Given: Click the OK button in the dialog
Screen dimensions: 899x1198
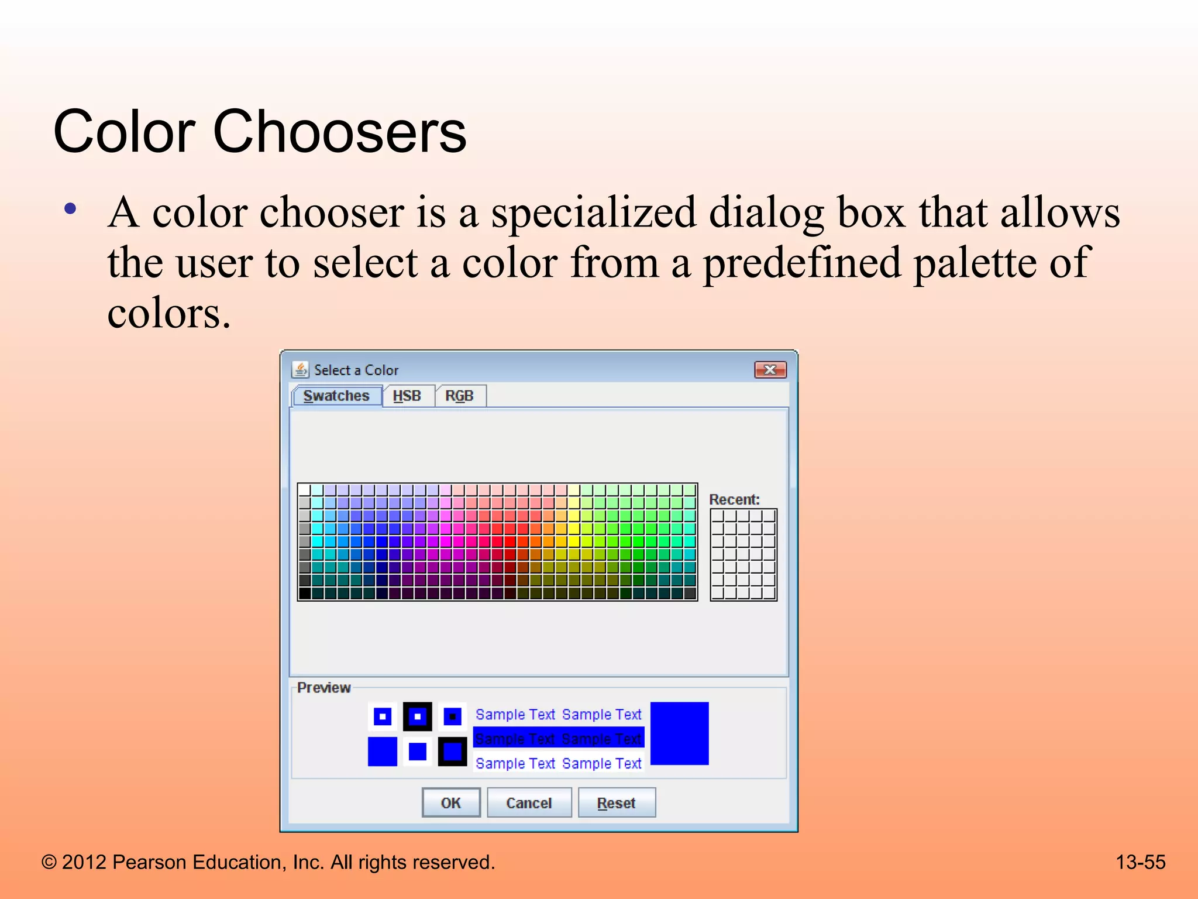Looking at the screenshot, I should pyautogui.click(x=450, y=802).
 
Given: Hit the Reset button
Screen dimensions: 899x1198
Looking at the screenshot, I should pyautogui.click(x=616, y=802).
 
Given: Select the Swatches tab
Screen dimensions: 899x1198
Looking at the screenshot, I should pyautogui.click(x=336, y=396).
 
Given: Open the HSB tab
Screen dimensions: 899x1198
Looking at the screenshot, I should pyautogui.click(x=407, y=396).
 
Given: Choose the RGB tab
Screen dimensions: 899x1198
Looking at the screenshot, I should pyautogui.click(x=459, y=396).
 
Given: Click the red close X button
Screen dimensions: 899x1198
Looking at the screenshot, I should pyautogui.click(x=770, y=370).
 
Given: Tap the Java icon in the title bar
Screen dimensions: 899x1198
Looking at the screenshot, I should pyautogui.click(x=301, y=370).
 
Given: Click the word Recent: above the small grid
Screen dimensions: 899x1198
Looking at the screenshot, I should pyautogui.click(x=734, y=499).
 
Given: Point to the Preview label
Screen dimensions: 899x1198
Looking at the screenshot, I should pyautogui.click(x=323, y=687).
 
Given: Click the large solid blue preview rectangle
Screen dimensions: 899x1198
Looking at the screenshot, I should pyautogui.click(x=679, y=733).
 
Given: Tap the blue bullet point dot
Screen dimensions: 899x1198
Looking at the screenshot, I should pyautogui.click(x=71, y=209).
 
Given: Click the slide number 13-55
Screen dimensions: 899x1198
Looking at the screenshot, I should pyautogui.click(x=1140, y=862).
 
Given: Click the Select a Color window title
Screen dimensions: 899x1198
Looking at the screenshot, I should pyautogui.click(x=356, y=370).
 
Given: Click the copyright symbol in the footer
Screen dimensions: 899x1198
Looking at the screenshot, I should pyautogui.click(x=49, y=863).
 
